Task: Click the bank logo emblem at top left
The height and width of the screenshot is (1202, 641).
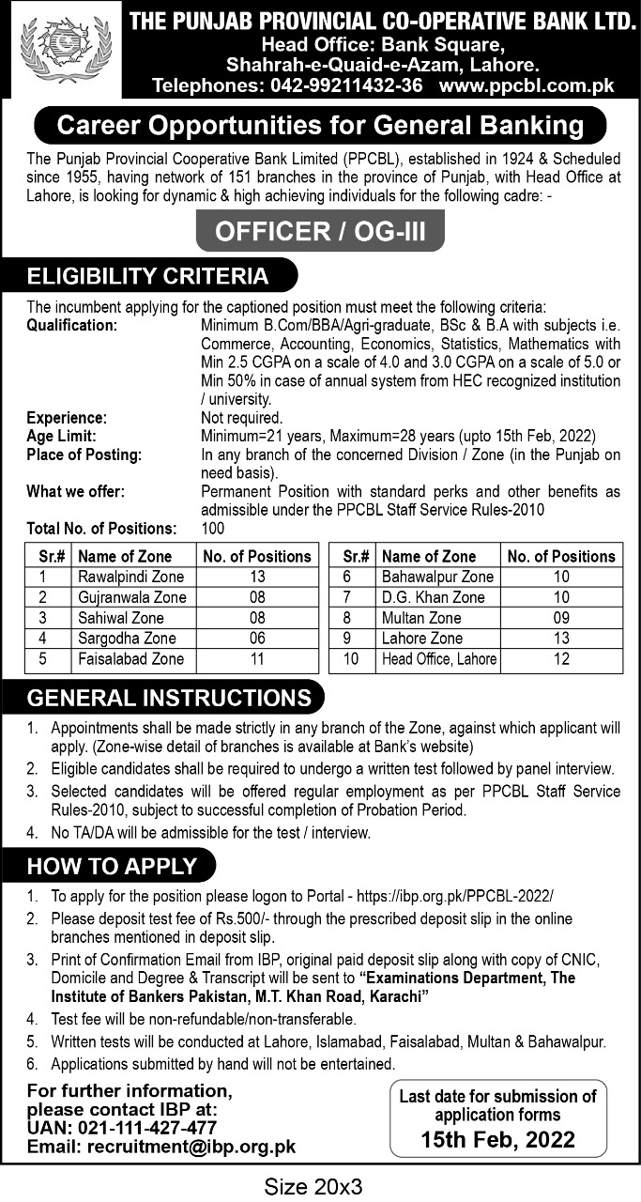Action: pos(62,50)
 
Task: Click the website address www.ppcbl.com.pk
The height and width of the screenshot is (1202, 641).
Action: pos(526,85)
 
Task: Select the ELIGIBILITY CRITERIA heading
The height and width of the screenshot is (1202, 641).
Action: pos(147,276)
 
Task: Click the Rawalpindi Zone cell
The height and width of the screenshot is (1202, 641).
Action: pos(130,577)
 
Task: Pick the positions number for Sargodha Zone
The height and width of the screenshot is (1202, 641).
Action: pos(258,639)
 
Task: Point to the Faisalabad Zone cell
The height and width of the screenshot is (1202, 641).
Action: pos(130,659)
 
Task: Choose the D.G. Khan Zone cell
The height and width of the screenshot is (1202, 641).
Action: pos(434,597)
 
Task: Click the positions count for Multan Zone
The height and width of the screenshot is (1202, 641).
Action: pos(561,618)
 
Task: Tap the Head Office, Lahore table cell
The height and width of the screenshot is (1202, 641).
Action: pos(439,659)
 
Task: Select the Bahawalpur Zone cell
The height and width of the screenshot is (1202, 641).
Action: pos(437,577)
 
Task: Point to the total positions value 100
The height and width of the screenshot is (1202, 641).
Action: pos(213,529)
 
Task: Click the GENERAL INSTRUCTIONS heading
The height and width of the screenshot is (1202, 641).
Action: pos(169,699)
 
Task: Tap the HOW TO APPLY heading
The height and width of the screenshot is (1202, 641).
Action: pos(112,866)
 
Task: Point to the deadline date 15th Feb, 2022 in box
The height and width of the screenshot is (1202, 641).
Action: pos(498,1141)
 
